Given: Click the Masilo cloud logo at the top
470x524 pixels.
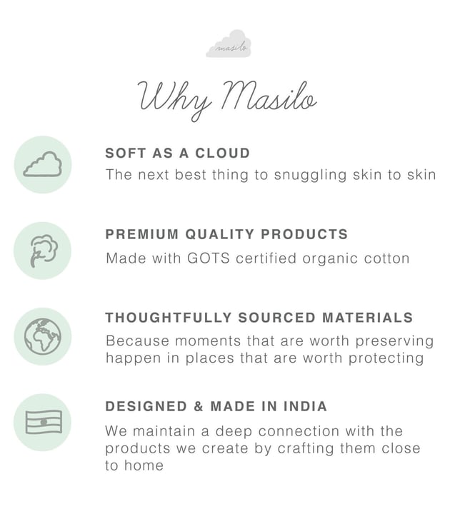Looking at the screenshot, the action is (229, 44).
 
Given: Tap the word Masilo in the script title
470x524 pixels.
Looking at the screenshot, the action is (269, 96).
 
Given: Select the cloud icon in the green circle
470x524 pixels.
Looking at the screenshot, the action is (42, 164).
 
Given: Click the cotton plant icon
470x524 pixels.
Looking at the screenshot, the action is (43, 251).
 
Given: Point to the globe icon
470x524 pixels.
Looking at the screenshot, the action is (43, 336).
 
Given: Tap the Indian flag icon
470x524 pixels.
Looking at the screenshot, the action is (44, 423).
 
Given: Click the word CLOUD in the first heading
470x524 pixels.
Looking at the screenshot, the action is (223, 153).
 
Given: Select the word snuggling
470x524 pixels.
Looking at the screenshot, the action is (310, 176).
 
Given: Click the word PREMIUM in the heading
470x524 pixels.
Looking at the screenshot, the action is (142, 234).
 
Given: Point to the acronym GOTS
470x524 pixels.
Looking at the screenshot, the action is (209, 258).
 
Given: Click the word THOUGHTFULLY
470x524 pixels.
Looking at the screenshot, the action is (169, 318).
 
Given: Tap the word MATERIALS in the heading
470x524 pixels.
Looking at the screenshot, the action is (368, 318).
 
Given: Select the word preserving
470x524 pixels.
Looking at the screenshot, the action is (394, 341).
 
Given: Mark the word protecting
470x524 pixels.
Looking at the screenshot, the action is (386, 358).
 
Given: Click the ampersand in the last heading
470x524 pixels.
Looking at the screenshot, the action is (199, 407).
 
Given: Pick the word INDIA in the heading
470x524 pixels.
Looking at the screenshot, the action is (305, 407).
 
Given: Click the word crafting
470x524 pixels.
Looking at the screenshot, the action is (306, 448).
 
